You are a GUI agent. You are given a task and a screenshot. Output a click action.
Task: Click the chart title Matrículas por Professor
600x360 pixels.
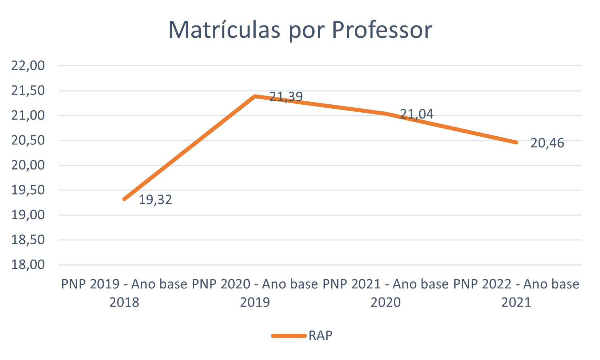[300, 30]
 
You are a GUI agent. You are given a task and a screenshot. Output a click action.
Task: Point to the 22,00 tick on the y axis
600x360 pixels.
[28, 66]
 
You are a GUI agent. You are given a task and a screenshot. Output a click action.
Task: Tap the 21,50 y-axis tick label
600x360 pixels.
[28, 91]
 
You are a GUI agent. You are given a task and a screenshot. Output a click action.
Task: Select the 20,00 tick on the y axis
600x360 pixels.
[28, 165]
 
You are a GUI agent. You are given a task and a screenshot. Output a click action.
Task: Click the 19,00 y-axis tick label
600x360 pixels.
[28, 215]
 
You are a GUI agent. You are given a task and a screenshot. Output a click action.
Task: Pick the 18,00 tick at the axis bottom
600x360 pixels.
[28, 264]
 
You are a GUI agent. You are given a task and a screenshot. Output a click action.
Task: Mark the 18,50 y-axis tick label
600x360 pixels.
[28, 240]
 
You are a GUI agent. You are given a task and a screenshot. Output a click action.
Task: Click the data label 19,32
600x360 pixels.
[155, 200]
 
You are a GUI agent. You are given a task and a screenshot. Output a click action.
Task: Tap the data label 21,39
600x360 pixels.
[286, 96]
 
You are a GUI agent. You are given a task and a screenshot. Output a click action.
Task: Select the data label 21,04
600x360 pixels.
[416, 114]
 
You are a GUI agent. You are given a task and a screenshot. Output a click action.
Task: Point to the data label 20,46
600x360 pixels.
[547, 143]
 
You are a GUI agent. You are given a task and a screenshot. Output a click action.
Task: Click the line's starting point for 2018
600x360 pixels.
[124, 199]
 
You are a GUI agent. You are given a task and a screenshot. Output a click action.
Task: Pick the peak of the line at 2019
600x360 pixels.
[255, 96]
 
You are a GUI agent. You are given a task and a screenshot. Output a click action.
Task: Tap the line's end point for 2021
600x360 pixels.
[516, 142]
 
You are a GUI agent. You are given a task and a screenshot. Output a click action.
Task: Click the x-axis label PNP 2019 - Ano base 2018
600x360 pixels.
[124, 293]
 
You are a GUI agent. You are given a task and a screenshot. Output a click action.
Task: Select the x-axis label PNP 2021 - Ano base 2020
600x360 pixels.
[385, 293]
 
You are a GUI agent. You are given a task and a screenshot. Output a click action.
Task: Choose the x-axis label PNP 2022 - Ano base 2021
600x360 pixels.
[516, 293]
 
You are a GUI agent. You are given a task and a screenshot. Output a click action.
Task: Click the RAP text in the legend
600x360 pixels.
[320, 336]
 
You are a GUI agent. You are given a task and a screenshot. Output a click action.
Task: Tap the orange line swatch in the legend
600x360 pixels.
[289, 336]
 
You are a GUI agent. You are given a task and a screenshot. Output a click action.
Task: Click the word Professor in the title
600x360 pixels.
[382, 30]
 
